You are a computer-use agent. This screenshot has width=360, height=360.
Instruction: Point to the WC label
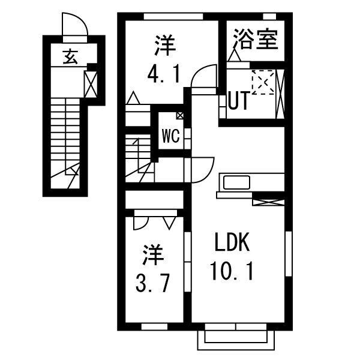click(x=170, y=136)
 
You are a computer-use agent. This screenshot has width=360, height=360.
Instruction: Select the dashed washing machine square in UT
click(x=262, y=82)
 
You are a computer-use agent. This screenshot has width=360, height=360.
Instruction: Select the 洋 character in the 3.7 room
click(x=153, y=256)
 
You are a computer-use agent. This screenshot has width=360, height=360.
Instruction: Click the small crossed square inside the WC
click(x=180, y=115)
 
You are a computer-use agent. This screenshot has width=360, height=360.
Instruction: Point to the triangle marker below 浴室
click(x=234, y=56)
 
